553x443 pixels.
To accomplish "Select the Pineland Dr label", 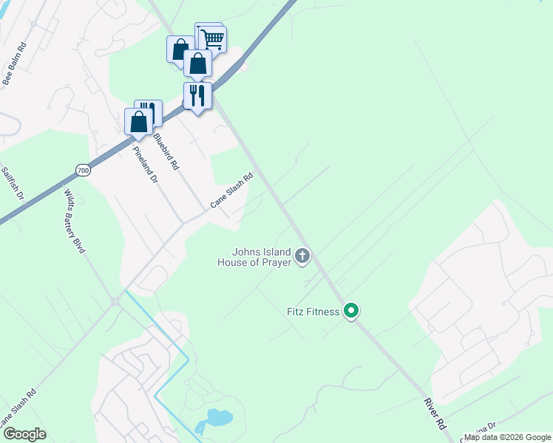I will pos(145,164).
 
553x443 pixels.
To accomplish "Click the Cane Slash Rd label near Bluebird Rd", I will pos(232,190).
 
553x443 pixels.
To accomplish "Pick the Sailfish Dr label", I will pos(13,184).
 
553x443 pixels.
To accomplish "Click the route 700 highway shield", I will pos(83,171).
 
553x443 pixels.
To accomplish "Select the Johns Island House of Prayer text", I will pos(254,256).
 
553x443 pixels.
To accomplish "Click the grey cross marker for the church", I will pos(302,256).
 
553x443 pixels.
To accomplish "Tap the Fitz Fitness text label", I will pos(314,312).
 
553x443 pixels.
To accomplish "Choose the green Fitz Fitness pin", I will pos(353,312).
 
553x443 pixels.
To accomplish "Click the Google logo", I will pos(24,434).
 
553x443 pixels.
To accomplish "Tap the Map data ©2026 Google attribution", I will pos(507,437).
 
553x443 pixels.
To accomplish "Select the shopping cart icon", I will pos(212,38).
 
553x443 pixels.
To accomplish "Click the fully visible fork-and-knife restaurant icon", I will pos(197,95).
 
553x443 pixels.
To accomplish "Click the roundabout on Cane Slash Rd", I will pos(115,301).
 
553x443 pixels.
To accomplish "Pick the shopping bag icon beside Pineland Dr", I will pos(138,122).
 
